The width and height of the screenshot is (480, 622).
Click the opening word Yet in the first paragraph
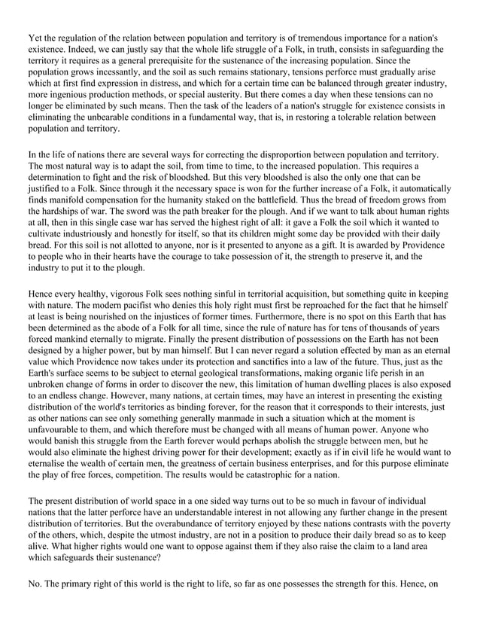(x=35, y=37)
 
